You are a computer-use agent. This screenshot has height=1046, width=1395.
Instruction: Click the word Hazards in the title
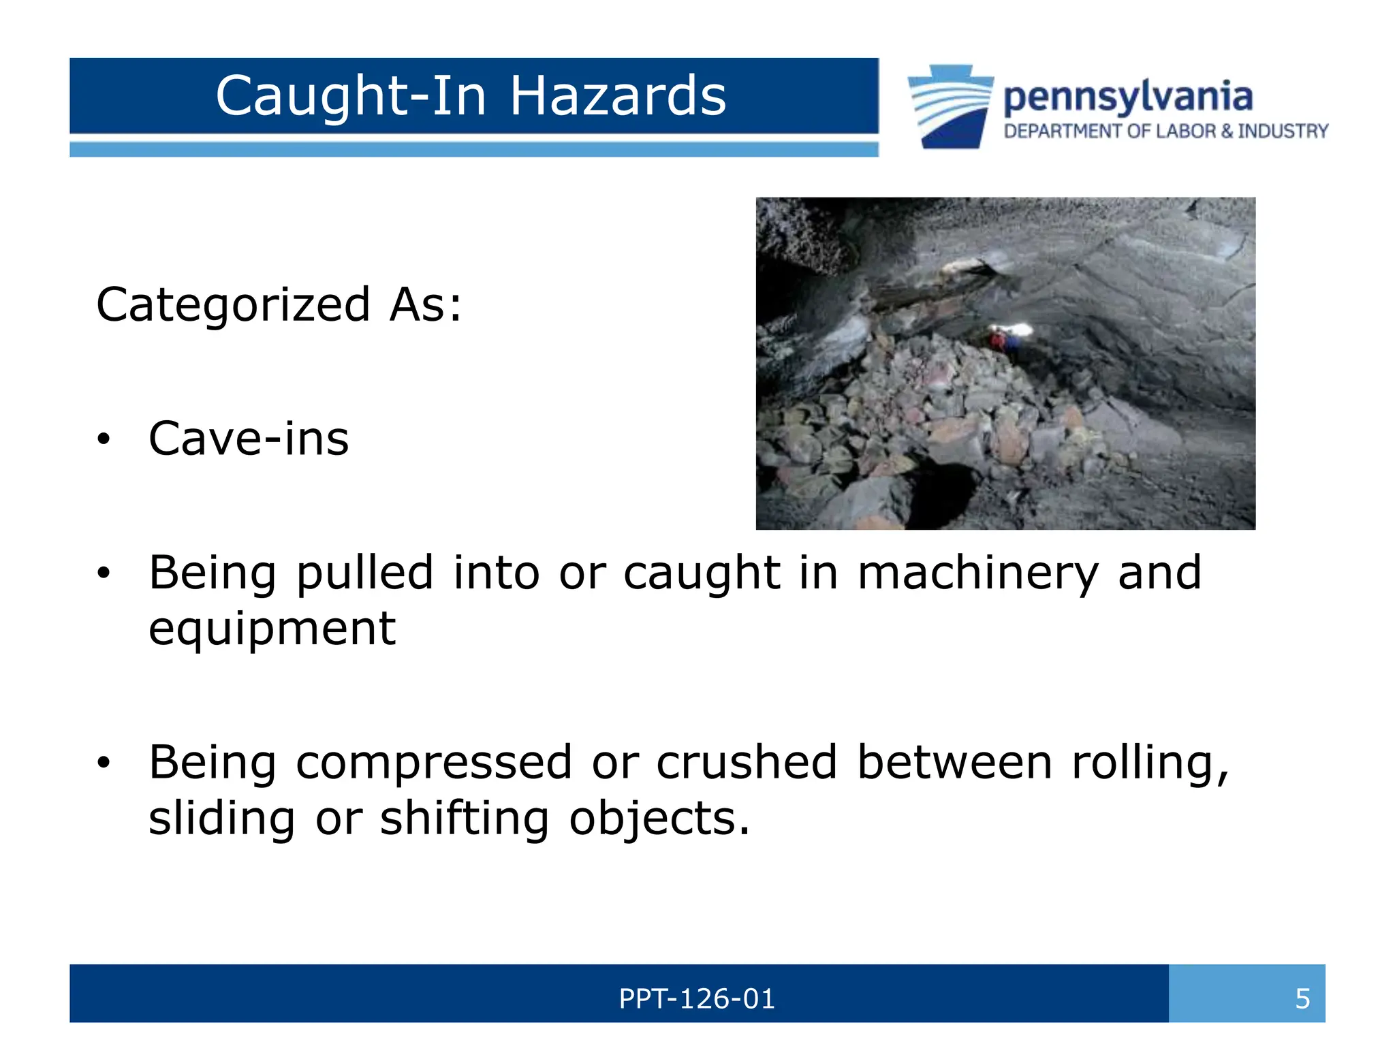(618, 96)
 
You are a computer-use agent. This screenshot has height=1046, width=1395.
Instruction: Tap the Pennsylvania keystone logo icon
(950, 106)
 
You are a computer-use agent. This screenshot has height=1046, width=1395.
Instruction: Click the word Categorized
(233, 304)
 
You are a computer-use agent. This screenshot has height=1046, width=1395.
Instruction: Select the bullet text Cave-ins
(249, 439)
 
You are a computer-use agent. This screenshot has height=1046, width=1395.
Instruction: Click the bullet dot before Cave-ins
(103, 440)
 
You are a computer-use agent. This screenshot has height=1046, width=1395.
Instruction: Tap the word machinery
(977, 573)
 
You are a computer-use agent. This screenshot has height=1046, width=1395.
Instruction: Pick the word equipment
(272, 629)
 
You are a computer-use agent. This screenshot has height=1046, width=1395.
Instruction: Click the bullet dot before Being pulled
(103, 573)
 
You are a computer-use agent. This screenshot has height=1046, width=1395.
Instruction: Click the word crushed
(746, 763)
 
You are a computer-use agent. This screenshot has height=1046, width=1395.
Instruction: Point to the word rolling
(1150, 763)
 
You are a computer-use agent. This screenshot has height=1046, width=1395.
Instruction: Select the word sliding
(222, 819)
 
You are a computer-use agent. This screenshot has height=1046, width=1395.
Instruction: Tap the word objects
(659, 819)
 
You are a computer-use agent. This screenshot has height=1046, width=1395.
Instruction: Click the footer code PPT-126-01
(697, 999)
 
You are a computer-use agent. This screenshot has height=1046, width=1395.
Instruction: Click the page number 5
(1302, 999)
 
